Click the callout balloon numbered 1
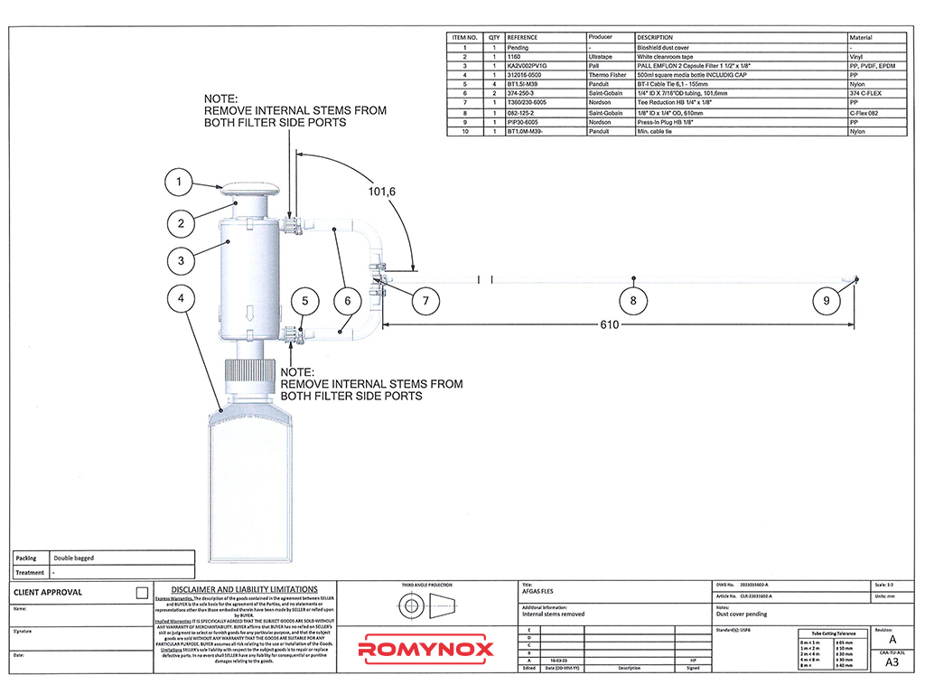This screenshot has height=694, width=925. [179, 183]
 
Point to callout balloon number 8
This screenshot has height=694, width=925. [633, 300]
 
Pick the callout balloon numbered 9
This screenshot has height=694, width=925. [825, 300]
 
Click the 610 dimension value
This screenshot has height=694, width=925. [611, 325]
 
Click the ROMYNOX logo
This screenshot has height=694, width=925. [426, 649]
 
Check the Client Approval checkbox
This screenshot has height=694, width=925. [141, 593]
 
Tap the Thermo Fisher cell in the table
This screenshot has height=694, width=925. [606, 75]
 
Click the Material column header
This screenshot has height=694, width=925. [861, 38]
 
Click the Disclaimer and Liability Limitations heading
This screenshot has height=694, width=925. [244, 589]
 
